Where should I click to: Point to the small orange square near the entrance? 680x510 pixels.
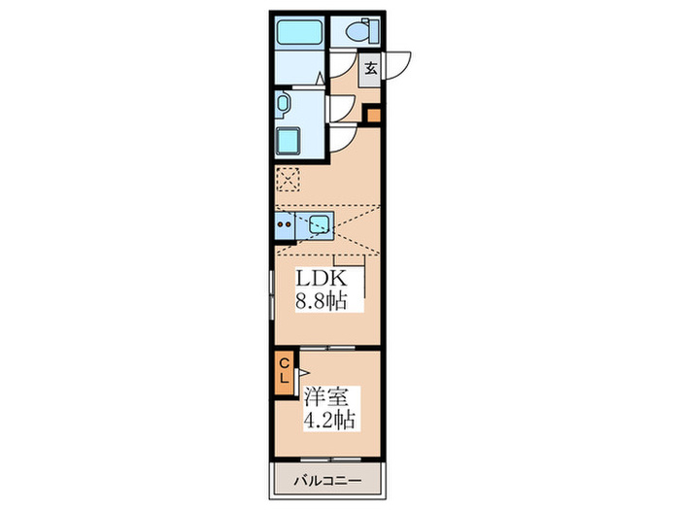coord(372,116)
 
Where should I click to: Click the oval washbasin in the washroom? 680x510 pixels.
coord(283,104)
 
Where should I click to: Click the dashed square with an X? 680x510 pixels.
coord(288,180)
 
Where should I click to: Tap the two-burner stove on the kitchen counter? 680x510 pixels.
coord(286,228)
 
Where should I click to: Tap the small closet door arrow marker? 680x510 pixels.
coord(302,371)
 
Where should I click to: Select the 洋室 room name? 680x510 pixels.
coord(325,399)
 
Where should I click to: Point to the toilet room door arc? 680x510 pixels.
coord(340,62)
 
